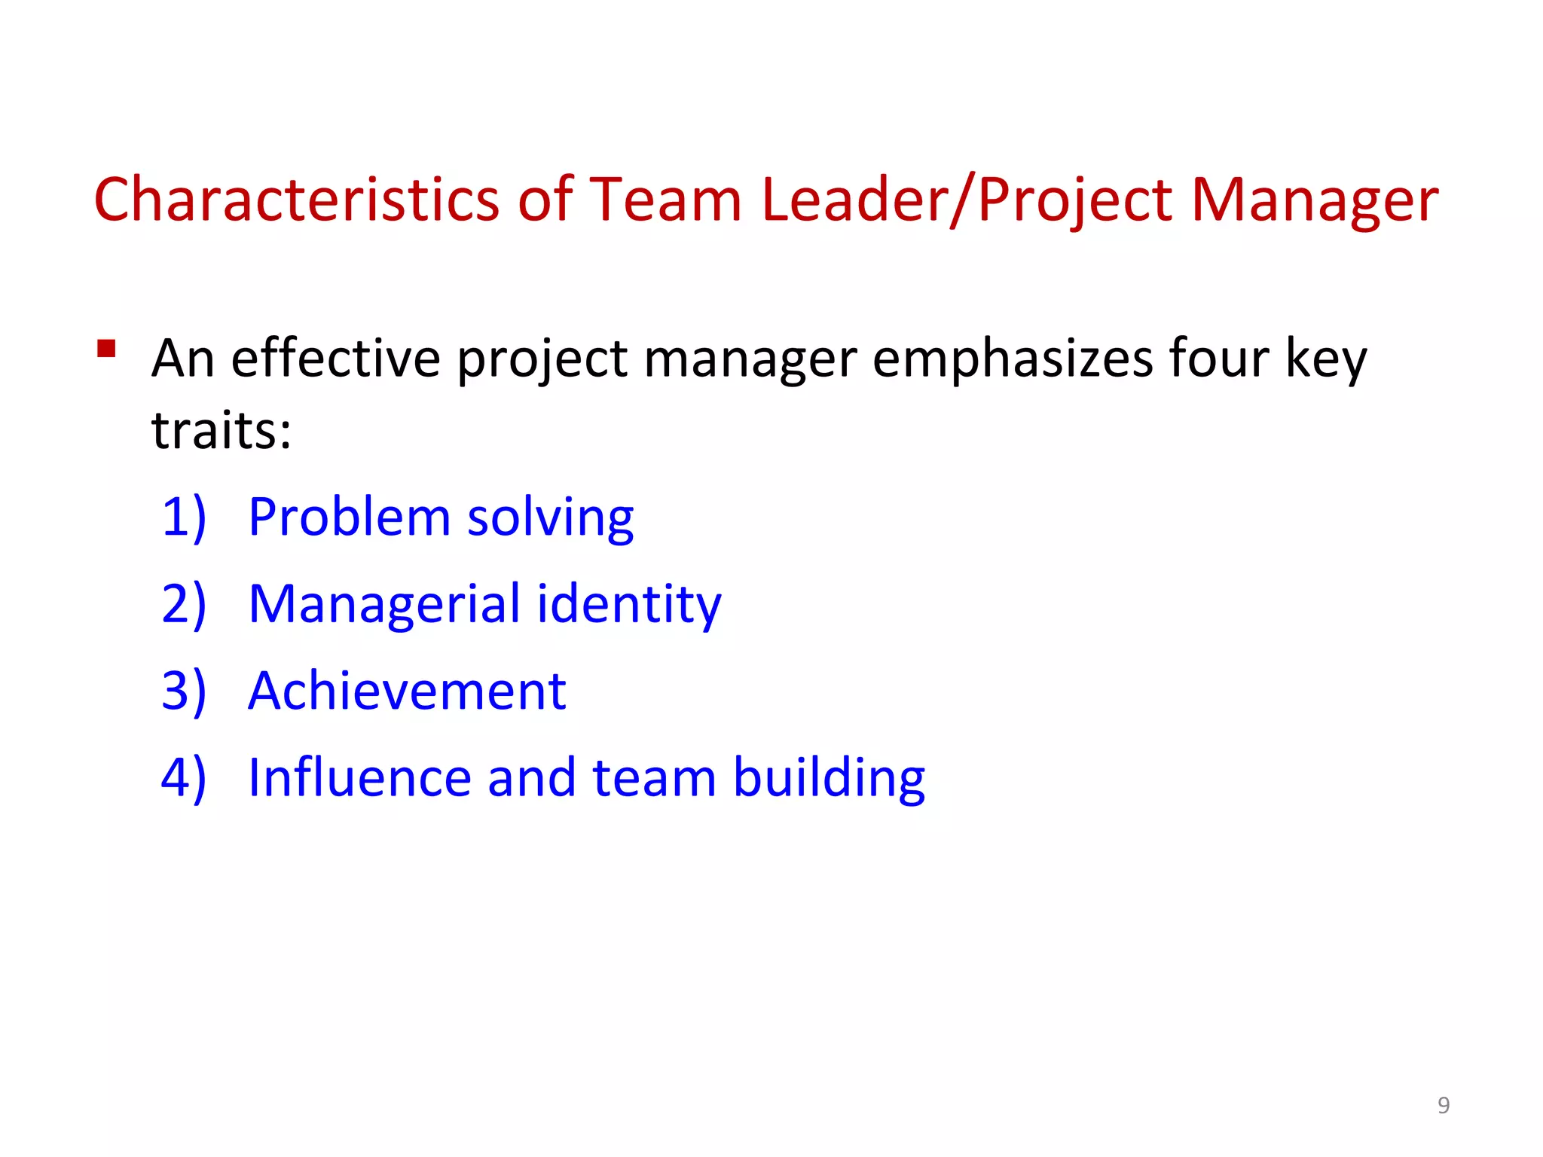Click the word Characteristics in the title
pyautogui.click(x=297, y=200)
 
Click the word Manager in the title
pyautogui.click(x=1314, y=201)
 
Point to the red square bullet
pyautogui.click(x=106, y=349)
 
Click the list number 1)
pyautogui.click(x=184, y=517)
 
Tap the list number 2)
pyautogui.click(x=184, y=604)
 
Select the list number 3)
pyautogui.click(x=184, y=691)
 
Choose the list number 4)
pyautogui.click(x=184, y=777)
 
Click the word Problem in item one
pyautogui.click(x=349, y=517)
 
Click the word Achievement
pyautogui.click(x=407, y=691)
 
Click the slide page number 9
pyautogui.click(x=1444, y=1105)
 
